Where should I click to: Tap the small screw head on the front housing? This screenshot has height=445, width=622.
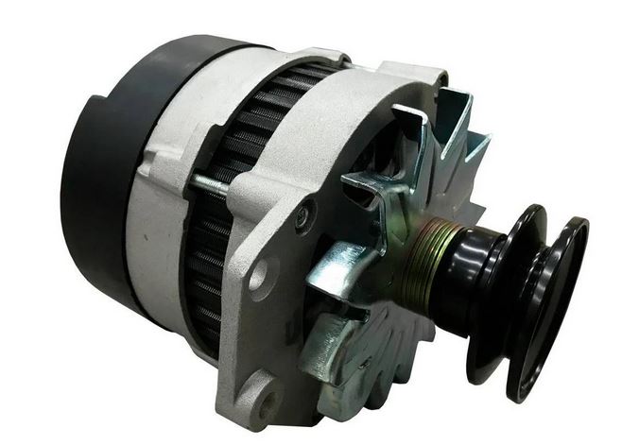coord(301,216)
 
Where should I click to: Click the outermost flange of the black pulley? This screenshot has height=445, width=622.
coord(558,312)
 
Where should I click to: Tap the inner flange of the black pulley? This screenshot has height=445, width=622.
coord(510,283)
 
